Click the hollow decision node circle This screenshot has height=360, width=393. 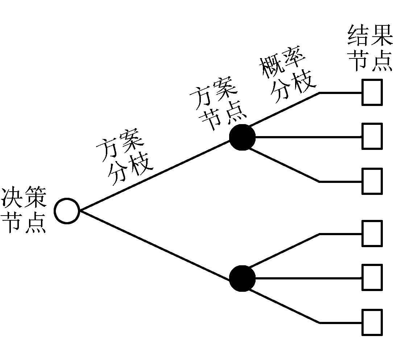coord(67,211)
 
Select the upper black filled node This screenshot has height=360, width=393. coord(242,138)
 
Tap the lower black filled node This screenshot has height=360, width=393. coord(242,278)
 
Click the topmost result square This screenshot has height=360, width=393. coord(372,92)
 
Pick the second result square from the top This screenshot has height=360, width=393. coord(372,136)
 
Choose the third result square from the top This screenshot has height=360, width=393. coord(372,181)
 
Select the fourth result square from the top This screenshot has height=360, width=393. coord(372,233)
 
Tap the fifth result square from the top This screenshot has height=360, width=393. coord(372,278)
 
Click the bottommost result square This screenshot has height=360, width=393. coord(372,322)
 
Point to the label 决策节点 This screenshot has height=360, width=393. coord(24,210)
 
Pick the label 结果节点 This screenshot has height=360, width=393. coord(370,47)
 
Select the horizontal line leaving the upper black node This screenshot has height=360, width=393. coord(308,137)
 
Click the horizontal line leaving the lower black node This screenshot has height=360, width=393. coord(308,278)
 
